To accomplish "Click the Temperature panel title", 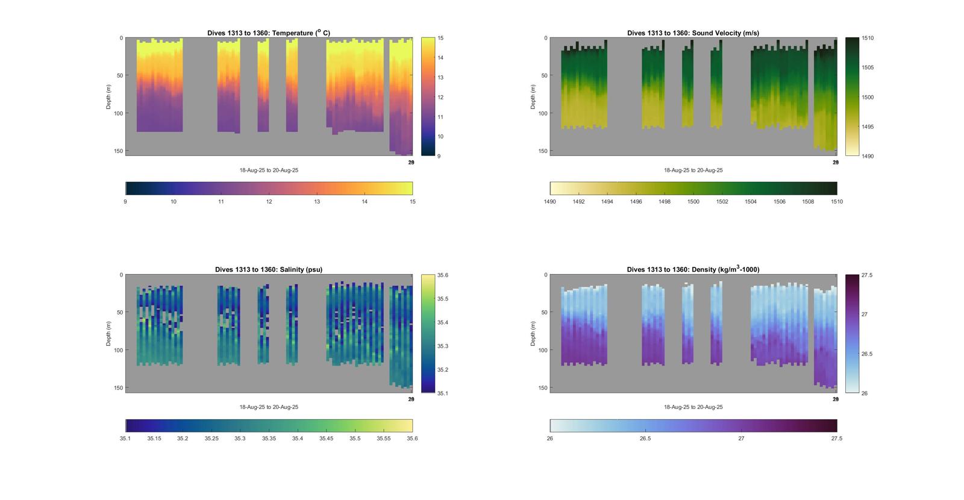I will (269, 33).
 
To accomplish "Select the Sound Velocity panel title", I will (693, 33).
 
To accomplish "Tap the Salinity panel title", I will (269, 270).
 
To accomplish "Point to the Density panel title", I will (693, 270).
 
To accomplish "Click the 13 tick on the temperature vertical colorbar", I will (440, 78).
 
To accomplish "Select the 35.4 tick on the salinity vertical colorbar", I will (443, 323).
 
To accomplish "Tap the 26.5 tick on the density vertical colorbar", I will (867, 354).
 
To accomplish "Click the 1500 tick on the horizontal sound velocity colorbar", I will (693, 202).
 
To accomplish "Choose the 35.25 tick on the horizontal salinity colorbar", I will (211, 439).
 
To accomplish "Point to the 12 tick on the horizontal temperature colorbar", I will (269, 202).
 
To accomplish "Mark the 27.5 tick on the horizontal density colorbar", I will (836, 439).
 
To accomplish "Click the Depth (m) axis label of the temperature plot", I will (109, 97).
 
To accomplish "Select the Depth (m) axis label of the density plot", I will (533, 334).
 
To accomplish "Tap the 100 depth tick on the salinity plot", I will (119, 350).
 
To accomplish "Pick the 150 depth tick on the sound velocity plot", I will (543, 151).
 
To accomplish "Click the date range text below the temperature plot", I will (269, 170).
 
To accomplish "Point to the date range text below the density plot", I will (693, 407).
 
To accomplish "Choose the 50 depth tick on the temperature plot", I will (120, 76).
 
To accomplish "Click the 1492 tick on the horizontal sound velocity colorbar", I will (579, 202).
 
